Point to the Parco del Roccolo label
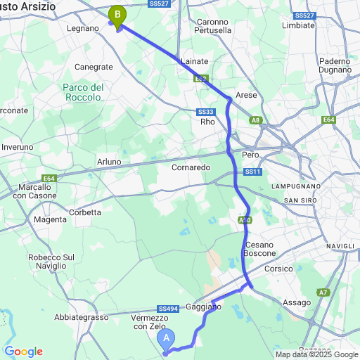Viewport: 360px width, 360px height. click(87, 92)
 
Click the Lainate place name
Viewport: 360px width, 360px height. click(194, 62)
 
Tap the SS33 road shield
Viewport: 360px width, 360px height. click(205, 112)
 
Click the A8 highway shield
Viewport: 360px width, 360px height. click(255, 121)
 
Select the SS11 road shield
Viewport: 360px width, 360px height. click(252, 172)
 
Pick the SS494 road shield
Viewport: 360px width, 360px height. click(167, 308)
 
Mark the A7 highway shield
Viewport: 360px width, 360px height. click(322, 292)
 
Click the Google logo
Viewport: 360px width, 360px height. click(23, 352)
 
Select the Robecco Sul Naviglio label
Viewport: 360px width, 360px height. click(51, 262)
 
